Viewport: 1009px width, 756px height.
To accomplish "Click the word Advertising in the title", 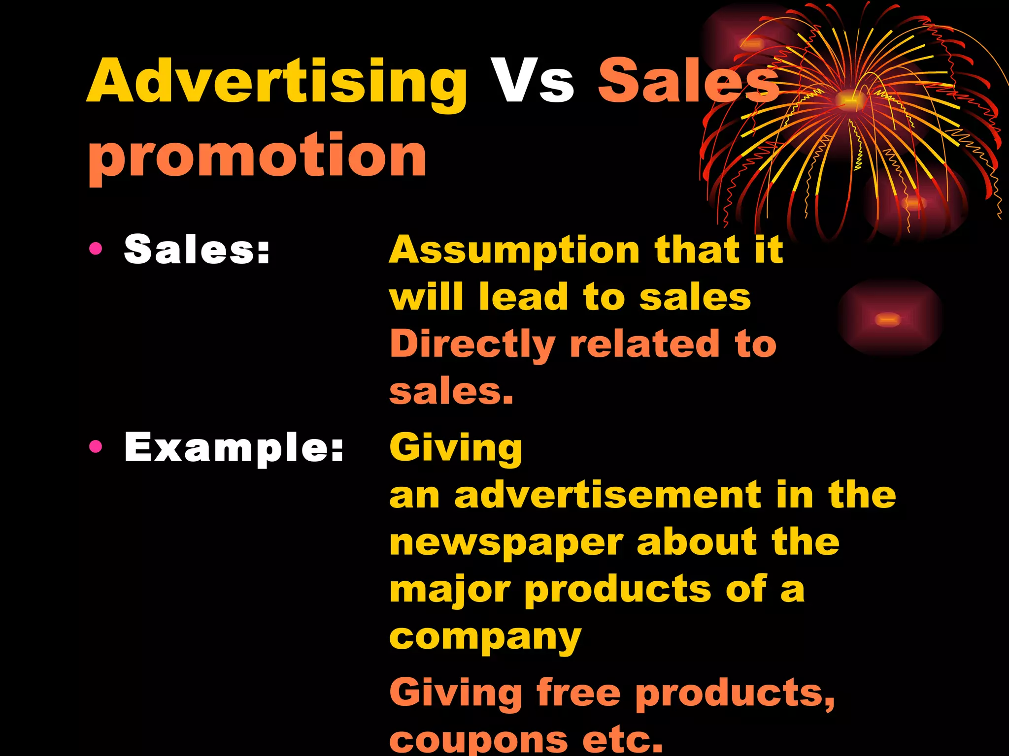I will point(277,82).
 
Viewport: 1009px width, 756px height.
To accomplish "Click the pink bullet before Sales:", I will point(96,249).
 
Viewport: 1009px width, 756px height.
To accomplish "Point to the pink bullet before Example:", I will point(96,447).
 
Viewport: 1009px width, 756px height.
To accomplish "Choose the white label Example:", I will point(234,447).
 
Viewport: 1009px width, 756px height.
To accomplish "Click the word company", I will point(485,638).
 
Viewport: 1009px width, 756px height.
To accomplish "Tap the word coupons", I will point(478,740).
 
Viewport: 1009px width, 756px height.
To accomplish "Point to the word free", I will point(578,692).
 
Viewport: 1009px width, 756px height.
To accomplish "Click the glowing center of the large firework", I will point(849,98).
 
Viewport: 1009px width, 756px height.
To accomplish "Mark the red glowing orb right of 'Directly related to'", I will point(888,319).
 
